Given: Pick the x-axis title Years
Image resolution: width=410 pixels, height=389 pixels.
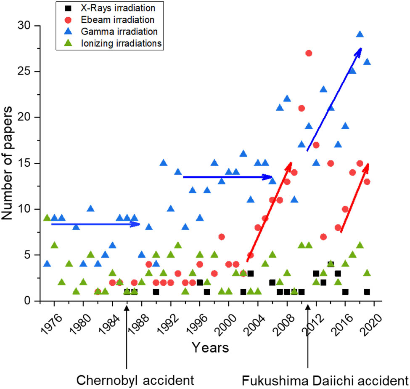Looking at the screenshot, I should [x=210, y=348].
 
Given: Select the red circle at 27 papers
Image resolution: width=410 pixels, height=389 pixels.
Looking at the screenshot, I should [x=309, y=53].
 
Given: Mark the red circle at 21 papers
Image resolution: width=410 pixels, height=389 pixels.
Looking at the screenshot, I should [x=302, y=108].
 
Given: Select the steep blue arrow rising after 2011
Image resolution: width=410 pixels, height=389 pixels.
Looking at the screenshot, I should [x=334, y=99].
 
